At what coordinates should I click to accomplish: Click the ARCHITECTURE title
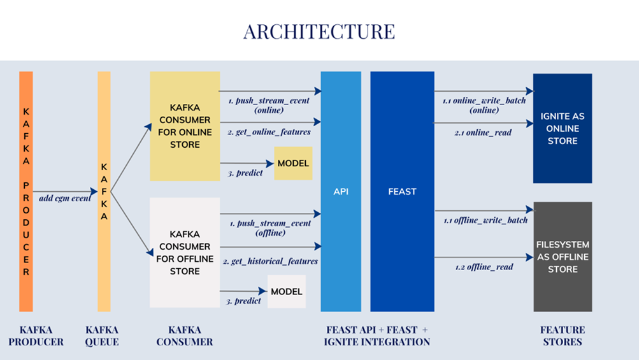click(319, 31)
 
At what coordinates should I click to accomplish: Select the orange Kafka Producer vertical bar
click(26, 191)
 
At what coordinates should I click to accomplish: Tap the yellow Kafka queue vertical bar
click(104, 191)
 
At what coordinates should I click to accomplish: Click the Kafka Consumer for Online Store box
click(185, 126)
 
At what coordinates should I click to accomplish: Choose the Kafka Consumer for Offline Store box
click(185, 252)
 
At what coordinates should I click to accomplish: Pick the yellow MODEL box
click(293, 163)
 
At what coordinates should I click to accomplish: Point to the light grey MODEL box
click(287, 291)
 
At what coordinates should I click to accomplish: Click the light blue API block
click(341, 191)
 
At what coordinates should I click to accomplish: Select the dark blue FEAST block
click(402, 191)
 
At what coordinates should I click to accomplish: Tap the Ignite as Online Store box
click(563, 128)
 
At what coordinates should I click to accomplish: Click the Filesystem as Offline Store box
click(563, 257)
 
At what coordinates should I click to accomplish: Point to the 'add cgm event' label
click(64, 198)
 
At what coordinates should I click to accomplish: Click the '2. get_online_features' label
click(269, 132)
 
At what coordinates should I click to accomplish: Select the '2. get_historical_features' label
click(271, 261)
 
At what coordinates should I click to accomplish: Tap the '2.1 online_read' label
click(482, 133)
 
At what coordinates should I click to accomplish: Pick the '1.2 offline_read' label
click(484, 267)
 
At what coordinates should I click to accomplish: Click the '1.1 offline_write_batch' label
click(486, 220)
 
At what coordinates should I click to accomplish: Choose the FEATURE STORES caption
click(563, 336)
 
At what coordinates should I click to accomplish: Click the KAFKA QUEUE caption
click(102, 336)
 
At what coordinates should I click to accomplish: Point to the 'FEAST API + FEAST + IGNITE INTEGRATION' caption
click(377, 336)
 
